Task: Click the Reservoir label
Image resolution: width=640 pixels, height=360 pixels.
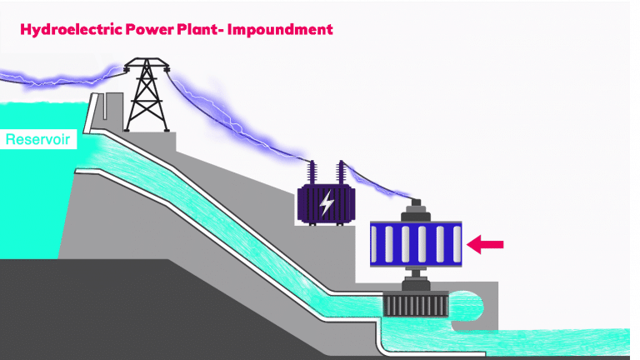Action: pos(38,139)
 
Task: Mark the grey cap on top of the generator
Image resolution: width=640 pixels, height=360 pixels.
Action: pos(413,212)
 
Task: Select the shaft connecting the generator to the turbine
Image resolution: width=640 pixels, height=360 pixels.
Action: pos(413,275)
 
